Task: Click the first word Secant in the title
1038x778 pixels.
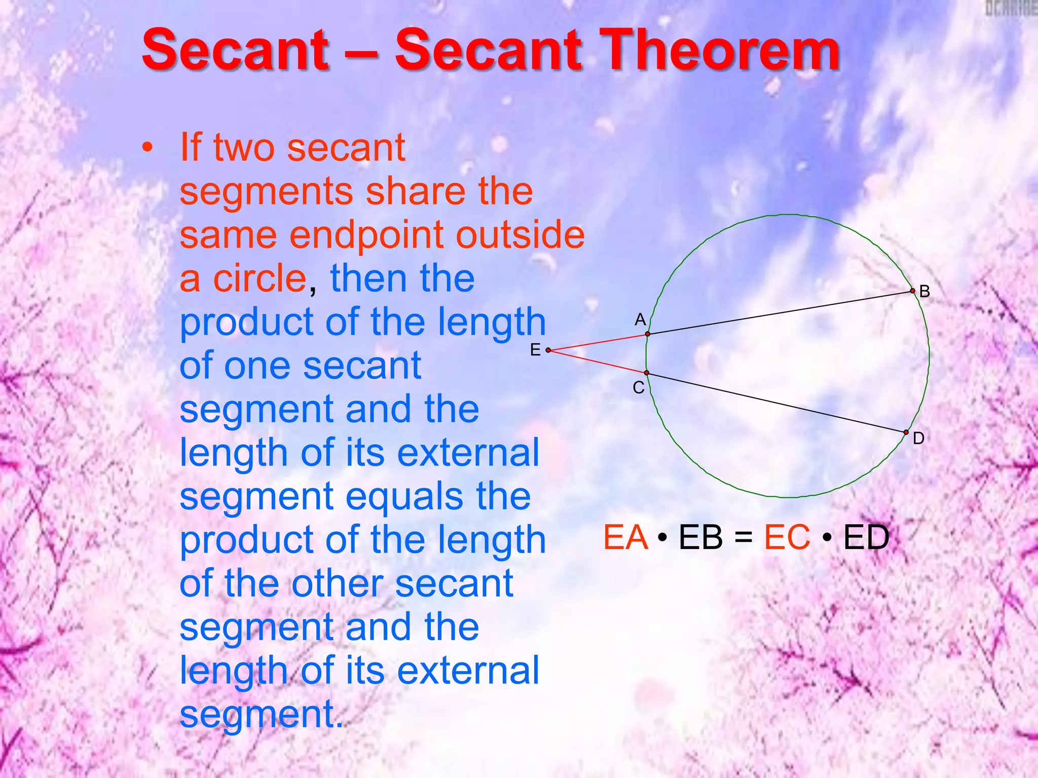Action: point(236,51)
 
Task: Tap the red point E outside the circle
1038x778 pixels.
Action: point(548,350)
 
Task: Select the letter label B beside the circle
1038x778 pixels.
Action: point(924,291)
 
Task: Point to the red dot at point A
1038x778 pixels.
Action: point(648,334)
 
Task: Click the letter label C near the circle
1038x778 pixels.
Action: point(639,387)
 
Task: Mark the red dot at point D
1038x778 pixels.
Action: point(906,432)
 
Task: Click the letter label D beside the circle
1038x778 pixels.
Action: point(918,438)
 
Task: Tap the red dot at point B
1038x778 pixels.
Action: point(912,291)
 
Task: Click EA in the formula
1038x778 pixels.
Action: point(625,537)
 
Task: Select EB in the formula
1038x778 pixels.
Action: point(700,537)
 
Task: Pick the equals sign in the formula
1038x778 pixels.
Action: point(743,538)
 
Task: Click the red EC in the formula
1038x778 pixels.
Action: point(787,537)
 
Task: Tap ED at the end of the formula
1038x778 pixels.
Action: point(866,537)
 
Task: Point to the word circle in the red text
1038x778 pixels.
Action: point(259,279)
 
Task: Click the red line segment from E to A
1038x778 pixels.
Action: point(598,342)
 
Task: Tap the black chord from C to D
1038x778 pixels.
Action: point(775,402)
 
